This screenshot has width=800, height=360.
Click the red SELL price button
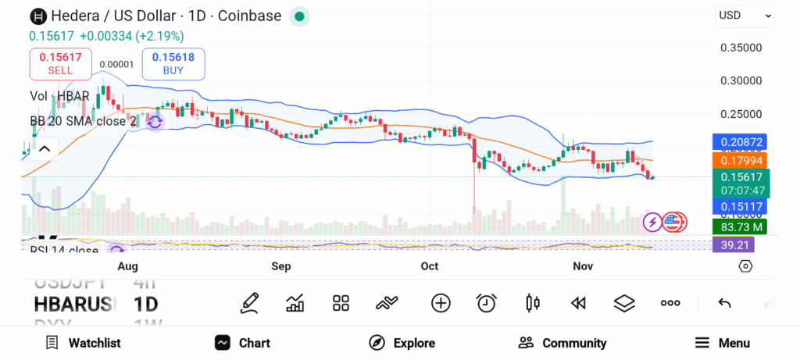(60, 63)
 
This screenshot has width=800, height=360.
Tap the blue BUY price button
(173, 63)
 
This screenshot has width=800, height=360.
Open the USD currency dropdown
(745, 16)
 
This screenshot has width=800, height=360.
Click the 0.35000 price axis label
(740, 48)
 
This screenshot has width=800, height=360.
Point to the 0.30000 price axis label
(740, 80)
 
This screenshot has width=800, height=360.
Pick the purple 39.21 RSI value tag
(734, 244)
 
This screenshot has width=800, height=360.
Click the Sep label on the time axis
(281, 266)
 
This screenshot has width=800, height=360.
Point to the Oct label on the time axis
(430, 266)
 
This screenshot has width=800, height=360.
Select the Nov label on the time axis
(583, 266)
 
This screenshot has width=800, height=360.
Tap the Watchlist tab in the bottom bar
(84, 343)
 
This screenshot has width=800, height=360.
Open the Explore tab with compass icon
(402, 343)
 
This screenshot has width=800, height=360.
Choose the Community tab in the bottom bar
(562, 343)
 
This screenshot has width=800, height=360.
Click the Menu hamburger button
(723, 343)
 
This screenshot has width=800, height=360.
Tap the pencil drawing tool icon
(249, 303)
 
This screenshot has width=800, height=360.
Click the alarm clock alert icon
(487, 303)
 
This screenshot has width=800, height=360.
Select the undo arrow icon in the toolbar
(724, 303)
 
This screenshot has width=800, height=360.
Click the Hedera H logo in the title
(37, 16)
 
